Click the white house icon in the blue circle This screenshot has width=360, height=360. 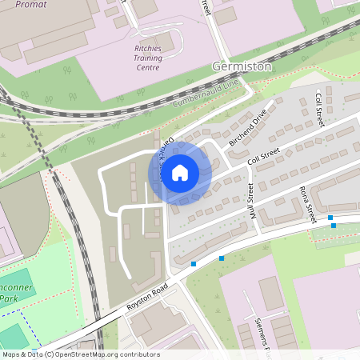coord(180,172)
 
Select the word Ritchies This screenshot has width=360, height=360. coord(147,48)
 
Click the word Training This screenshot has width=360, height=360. coord(147,58)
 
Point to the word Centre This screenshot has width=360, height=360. coord(147,67)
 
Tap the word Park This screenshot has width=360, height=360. coord(8,298)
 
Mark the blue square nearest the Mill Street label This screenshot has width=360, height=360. coord(222,258)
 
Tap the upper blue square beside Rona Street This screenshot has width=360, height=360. coord(330,217)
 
